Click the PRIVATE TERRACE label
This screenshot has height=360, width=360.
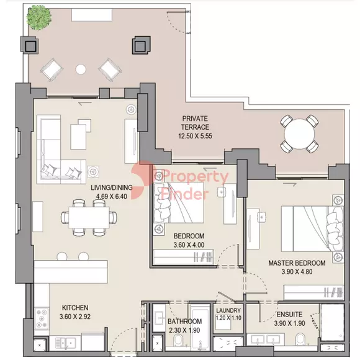click(195, 123)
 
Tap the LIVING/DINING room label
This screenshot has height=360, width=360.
click(112, 187)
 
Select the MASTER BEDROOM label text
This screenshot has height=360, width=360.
click(297, 263)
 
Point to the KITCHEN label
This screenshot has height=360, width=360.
click(75, 308)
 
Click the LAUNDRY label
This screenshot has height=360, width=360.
click(228, 310)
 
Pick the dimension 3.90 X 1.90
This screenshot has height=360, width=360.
click(289, 323)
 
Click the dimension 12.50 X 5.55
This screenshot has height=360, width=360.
click(195, 136)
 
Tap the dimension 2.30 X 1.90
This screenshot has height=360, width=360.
click(184, 330)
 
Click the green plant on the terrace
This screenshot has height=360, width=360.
click(39, 17)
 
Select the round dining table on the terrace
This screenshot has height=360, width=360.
click(299, 134)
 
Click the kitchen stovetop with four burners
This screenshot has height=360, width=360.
click(42, 318)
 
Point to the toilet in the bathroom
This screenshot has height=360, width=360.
click(178, 341)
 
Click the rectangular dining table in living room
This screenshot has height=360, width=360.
click(89, 217)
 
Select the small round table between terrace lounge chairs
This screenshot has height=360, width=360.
click(81, 69)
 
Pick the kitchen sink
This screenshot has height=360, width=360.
click(66, 343)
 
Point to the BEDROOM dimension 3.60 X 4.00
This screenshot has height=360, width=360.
click(189, 245)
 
